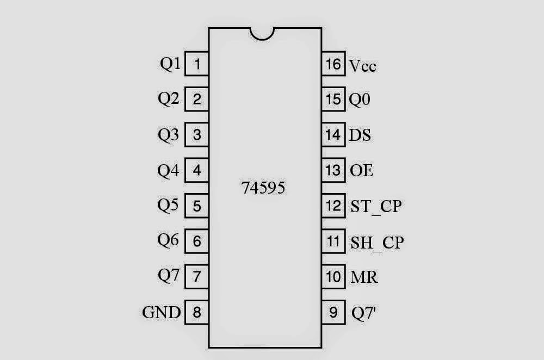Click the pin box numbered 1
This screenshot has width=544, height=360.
[197, 64]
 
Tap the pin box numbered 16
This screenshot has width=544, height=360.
[334, 64]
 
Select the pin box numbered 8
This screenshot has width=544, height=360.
[197, 312]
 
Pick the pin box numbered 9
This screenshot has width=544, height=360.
[334, 312]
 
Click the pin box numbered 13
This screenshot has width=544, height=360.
[334, 170]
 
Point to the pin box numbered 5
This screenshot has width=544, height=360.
[197, 206]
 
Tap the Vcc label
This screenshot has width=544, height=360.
[362, 66]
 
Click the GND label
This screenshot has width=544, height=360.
[162, 312]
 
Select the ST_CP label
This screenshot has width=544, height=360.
[376, 207]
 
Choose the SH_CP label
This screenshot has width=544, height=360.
[377, 243]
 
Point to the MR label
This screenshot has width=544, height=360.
[364, 277]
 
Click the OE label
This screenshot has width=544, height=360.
[362, 170]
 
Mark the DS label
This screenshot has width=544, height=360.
[360, 135]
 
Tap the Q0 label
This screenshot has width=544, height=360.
[360, 100]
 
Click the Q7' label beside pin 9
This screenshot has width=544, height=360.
[363, 313]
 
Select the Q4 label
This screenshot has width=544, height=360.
[168, 170]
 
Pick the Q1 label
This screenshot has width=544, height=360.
[170, 64]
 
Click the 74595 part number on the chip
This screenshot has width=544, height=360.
[263, 188]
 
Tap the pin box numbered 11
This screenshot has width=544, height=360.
[334, 241]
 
